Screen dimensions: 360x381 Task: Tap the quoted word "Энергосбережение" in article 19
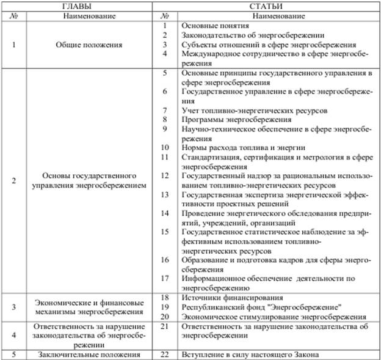click(305, 307)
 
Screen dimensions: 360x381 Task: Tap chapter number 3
click(14, 307)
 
